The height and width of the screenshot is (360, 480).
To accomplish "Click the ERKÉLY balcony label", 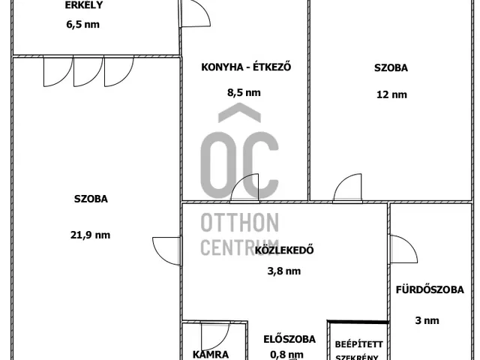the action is [x=83, y=5].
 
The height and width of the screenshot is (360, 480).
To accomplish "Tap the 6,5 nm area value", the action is [x=83, y=24].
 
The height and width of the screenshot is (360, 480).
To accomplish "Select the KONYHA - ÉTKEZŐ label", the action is [x=246, y=67].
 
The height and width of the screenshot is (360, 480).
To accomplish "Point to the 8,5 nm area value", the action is [x=244, y=92].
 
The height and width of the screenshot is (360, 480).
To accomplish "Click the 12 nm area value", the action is [x=391, y=94].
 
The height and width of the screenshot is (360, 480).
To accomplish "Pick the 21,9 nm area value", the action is [x=90, y=235].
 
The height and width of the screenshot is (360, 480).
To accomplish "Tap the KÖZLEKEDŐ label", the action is [x=284, y=250].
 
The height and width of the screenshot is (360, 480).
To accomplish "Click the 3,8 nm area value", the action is [x=284, y=271].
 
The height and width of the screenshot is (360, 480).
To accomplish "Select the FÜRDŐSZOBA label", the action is [x=430, y=289].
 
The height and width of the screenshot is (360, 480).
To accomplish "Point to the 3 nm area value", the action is [x=427, y=320].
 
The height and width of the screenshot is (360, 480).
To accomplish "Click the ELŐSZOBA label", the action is [x=289, y=339].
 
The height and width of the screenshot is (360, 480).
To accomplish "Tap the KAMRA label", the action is [x=211, y=355].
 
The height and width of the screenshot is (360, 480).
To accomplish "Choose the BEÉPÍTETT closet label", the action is [x=358, y=344].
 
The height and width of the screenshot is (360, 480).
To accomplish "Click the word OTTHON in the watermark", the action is [x=240, y=223].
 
